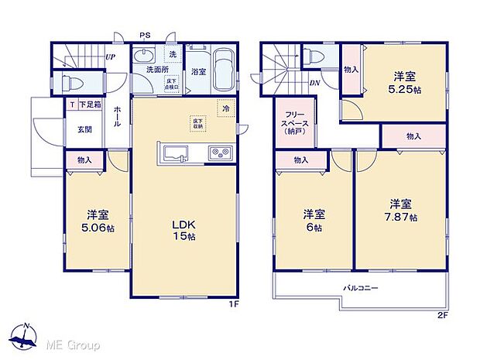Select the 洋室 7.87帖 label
[399, 211]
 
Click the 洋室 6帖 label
[312, 219]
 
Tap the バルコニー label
[360, 288]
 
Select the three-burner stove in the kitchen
[219, 152]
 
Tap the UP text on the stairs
[111, 57]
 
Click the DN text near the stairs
[316, 83]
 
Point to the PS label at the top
[145, 35]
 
